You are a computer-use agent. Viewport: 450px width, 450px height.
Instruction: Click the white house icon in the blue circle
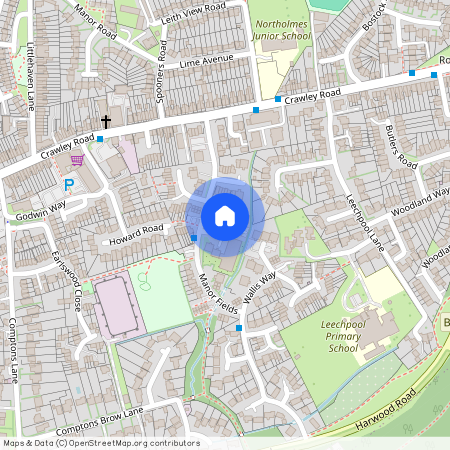pyautogui.click(x=225, y=215)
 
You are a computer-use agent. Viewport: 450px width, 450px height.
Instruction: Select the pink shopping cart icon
pyautogui.click(x=77, y=160)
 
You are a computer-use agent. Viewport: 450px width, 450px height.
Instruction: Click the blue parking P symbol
pyautogui.click(x=69, y=185)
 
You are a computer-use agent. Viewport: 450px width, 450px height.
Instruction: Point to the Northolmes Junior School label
pyautogui.click(x=284, y=29)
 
